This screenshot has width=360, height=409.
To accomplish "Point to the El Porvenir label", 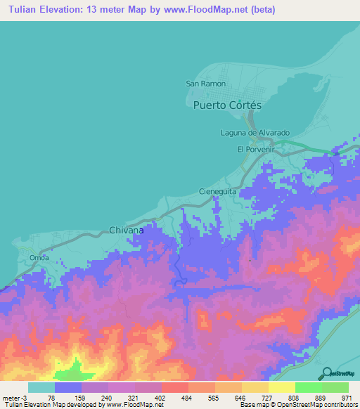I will pos(255,149).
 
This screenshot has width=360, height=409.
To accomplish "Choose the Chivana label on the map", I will pos(127,230).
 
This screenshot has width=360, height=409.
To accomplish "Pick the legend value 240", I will pos(108,397).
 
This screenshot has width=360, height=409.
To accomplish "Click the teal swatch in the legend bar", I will pos(41,387).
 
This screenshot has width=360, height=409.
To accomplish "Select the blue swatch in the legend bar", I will pos(68,387).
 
